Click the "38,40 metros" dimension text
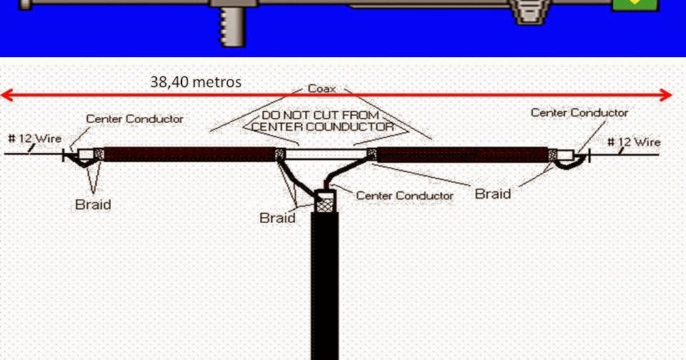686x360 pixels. [x=196, y=82]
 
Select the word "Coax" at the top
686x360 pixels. [x=323, y=89]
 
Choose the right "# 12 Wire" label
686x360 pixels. [x=634, y=142]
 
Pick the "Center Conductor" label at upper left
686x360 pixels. [x=134, y=119]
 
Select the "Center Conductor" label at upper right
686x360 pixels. [x=580, y=113]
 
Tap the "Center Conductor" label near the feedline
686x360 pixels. [x=404, y=195]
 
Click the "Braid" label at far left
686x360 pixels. [x=93, y=205]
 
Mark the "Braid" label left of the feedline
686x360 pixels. [x=277, y=218]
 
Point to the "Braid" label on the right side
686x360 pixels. [x=493, y=194]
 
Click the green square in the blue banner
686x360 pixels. [x=634, y=4]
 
